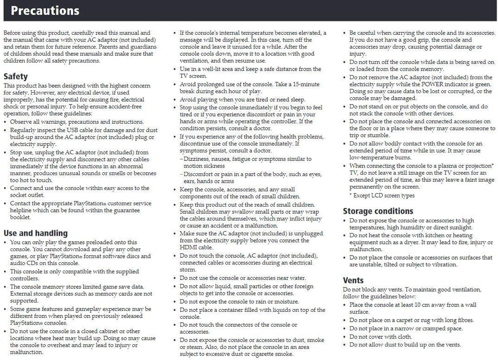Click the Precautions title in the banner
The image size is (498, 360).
[45, 10]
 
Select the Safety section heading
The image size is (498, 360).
[15, 76]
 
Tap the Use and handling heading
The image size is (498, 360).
[36, 233]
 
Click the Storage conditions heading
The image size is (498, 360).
[378, 211]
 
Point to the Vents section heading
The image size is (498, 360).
[353, 280]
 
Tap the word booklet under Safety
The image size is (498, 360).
[20, 217]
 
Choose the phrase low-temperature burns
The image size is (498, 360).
[380, 157]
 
